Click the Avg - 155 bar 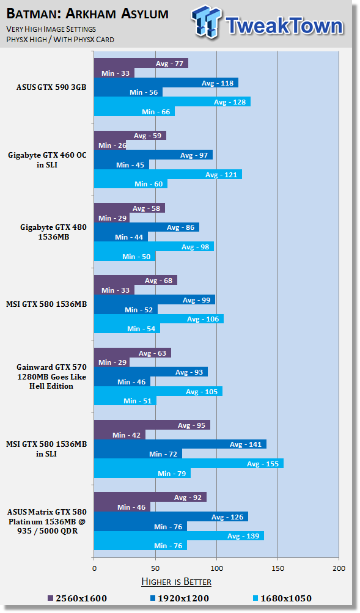(x=189, y=464)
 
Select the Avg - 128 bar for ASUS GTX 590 (x=172, y=102)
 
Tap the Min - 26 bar (x=110, y=145)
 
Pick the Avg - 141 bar (x=180, y=444)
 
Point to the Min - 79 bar (x=142, y=474)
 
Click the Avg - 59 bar (x=130, y=136)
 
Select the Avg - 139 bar (x=179, y=536)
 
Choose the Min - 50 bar (x=125, y=257)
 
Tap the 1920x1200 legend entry (x=180, y=598)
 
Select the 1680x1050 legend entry (x=282, y=598)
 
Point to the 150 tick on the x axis (x=278, y=568)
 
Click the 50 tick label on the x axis (x=156, y=568)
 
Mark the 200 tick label (x=339, y=568)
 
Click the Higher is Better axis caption (x=176, y=582)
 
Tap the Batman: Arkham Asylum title (x=87, y=13)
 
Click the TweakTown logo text (x=285, y=26)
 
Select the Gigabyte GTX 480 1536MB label (x=54, y=232)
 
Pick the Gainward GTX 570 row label (x=51, y=376)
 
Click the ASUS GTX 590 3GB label (x=51, y=87)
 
